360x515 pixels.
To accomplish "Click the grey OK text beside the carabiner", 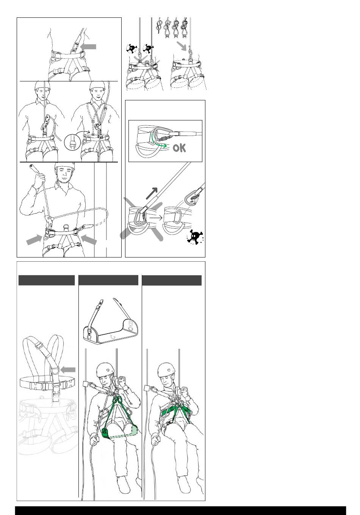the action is [x=179, y=148].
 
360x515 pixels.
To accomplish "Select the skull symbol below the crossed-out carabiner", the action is [x=195, y=237].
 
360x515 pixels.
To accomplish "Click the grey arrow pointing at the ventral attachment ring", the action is [x=88, y=47].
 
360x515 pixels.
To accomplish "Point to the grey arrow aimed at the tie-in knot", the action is [x=182, y=46].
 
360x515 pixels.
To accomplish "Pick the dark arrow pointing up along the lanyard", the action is [x=152, y=194].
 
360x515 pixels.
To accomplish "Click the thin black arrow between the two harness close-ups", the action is [x=156, y=217].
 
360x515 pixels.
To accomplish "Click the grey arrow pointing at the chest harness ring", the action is [x=68, y=370].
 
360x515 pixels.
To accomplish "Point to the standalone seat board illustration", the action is [x=110, y=321].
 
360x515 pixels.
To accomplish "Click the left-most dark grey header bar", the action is [x=47, y=280].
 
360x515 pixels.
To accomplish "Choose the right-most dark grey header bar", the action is [x=172, y=280].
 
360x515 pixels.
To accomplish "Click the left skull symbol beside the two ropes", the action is [x=131, y=48].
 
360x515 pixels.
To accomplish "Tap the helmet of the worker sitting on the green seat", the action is [x=105, y=370].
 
